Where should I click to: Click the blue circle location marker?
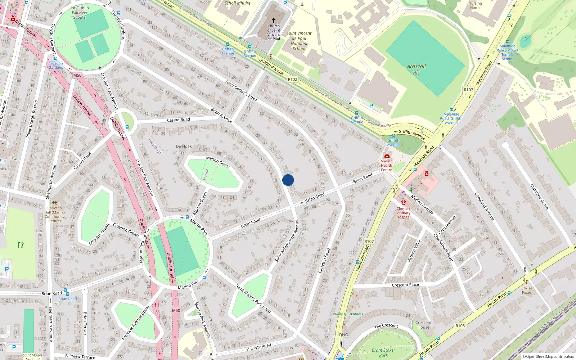pos(288,180)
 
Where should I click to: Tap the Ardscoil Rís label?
pos(416,69)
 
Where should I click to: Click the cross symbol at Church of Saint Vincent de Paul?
pos(274,20)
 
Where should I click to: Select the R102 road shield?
pos(293,79)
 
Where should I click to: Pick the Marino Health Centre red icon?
pos(387,156)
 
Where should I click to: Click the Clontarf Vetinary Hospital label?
pos(403,213)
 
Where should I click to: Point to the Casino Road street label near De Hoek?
pos(178,120)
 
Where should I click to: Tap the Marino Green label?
pos(218,162)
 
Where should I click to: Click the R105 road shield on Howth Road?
pos(460,325)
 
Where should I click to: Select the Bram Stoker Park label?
pos(383,352)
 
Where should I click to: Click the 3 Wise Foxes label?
pos(527,290)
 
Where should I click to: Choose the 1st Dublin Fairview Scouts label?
pos(80,13)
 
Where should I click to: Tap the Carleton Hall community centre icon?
pos(54,203)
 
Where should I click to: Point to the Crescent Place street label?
pos(405,285)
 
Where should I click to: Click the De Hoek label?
pos(184,147)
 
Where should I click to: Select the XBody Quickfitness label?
pos(348,314)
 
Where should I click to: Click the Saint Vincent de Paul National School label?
pos(299,41)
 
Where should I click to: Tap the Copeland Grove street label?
pos(539,197)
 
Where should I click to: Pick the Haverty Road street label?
pos(258,347)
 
